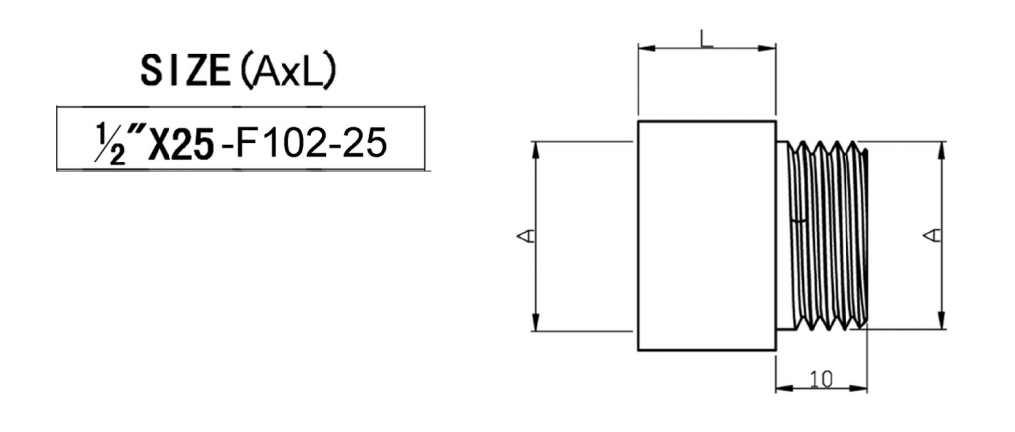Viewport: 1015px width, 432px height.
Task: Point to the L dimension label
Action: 705,39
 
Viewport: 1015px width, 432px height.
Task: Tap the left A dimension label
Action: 527,236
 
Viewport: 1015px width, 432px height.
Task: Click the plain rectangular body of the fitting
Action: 706,234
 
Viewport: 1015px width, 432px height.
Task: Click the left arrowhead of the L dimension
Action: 644,46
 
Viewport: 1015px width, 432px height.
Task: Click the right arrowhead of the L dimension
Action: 769,46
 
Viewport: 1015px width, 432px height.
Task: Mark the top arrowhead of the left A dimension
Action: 536,147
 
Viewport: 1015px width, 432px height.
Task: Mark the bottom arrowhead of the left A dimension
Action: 536,324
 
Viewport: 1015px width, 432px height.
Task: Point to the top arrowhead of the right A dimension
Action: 941,147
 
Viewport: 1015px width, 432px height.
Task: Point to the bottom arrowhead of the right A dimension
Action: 941,323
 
